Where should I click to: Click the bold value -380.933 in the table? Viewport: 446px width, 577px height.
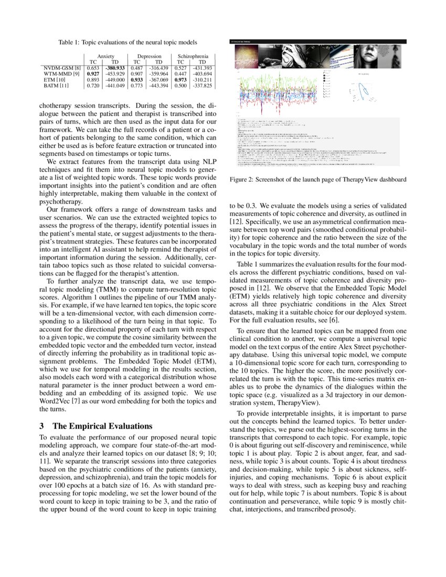[x=113, y=68]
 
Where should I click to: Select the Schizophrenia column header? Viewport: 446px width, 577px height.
[x=193, y=56]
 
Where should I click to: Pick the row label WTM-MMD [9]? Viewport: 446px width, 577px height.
[x=62, y=74]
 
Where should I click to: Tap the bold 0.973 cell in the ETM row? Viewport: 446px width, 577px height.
[x=182, y=80]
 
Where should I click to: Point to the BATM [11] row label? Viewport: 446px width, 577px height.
[x=56, y=86]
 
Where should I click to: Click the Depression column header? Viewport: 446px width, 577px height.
[x=149, y=56]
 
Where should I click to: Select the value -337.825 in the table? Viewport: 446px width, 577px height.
[x=201, y=86]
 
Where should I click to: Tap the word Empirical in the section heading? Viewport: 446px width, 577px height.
[x=89, y=426]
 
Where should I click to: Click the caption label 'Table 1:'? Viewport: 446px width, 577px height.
[x=69, y=42]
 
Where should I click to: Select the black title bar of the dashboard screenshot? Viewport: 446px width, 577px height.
[x=318, y=41]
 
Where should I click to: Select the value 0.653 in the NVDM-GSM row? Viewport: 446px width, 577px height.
[x=92, y=68]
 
